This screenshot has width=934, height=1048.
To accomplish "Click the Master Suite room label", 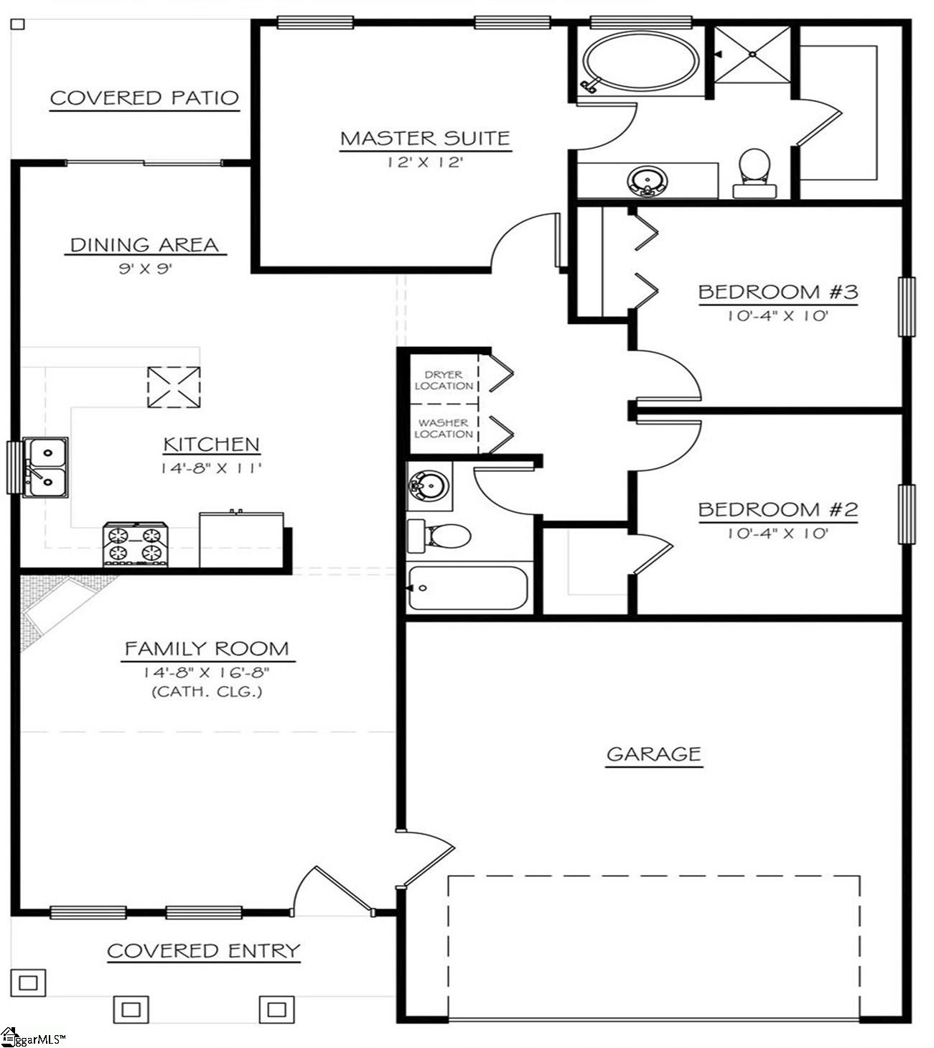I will [x=425, y=138].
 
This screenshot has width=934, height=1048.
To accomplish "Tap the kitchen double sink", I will [x=45, y=467].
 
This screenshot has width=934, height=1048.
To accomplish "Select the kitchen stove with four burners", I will [x=135, y=544].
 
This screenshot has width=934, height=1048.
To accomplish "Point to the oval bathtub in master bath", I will [x=640, y=62].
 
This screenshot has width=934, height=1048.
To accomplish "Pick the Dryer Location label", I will [x=443, y=380].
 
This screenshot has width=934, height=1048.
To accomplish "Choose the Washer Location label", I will [x=443, y=428].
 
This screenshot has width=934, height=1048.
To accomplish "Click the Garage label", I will [x=653, y=754].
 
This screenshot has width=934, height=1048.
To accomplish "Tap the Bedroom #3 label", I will [x=777, y=292].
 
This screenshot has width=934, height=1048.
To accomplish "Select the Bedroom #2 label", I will [x=777, y=510].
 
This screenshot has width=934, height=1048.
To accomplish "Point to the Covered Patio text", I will [x=144, y=98].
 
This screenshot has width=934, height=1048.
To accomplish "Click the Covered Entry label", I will [x=203, y=951].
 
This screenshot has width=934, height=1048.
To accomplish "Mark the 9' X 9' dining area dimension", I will [x=146, y=269].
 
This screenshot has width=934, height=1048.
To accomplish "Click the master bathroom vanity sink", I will [x=648, y=180].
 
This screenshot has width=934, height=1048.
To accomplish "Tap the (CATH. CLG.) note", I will [x=206, y=692].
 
